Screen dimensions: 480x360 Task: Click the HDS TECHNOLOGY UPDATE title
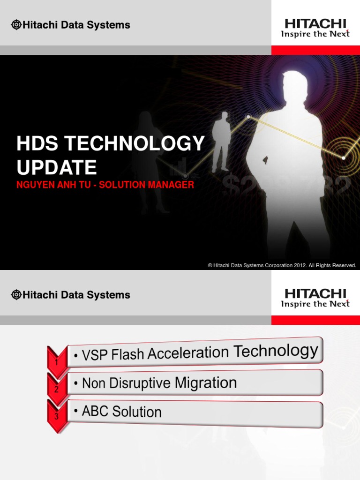point(111,155)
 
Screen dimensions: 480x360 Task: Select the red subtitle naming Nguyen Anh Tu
point(105,185)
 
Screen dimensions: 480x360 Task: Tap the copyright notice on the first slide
point(282,265)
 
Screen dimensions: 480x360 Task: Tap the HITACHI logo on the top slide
point(315,23)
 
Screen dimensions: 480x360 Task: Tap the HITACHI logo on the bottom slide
point(315,294)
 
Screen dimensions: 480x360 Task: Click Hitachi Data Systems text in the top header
point(76,25)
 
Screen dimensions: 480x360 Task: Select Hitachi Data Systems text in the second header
point(76,295)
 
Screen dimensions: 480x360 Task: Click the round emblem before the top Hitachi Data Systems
point(16,25)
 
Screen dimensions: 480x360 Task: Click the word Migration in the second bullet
point(206,382)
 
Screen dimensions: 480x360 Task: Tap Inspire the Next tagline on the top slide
point(315,34)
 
